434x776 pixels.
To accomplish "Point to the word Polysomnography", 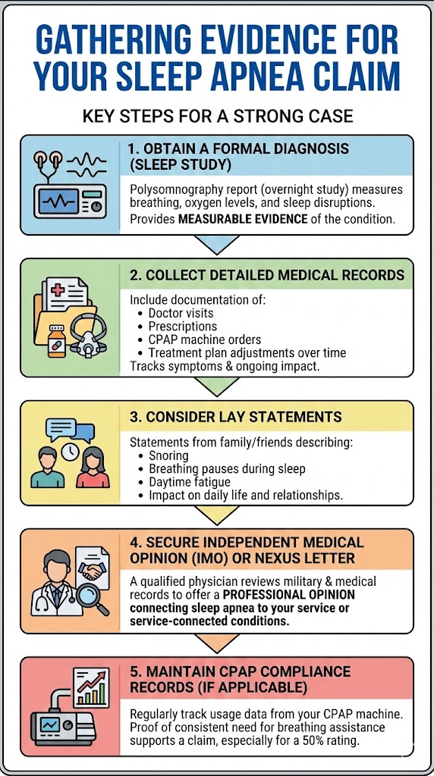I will pyautogui.click(x=177, y=189).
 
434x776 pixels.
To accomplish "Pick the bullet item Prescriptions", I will pyautogui.click(x=182, y=327).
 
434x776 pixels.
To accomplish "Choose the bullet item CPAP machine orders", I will pyautogui.click(x=204, y=339).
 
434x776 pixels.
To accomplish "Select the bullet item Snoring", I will pyautogui.click(x=168, y=455).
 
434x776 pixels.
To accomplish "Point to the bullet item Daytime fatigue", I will pyautogui.click(x=189, y=482).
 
